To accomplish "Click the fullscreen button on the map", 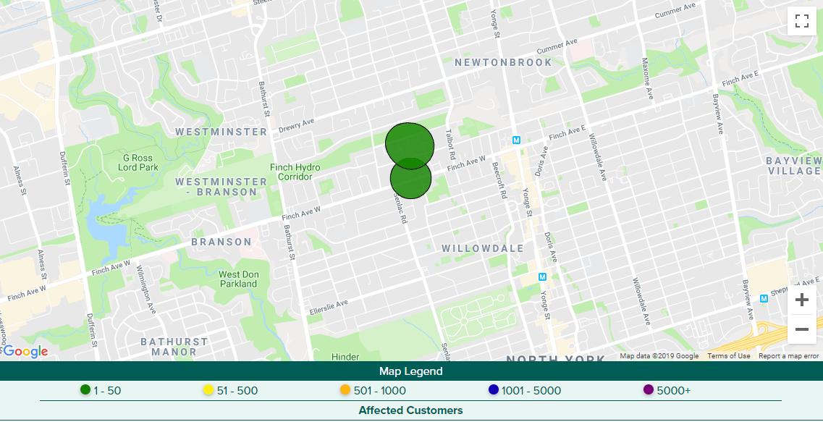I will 801,21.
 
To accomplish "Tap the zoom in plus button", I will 801,300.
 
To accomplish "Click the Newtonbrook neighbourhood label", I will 503,62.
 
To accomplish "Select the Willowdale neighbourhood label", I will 483,248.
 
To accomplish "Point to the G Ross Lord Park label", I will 140,162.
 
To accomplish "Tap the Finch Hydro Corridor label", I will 295,172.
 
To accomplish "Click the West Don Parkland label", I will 238,279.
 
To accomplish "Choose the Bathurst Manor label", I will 174,347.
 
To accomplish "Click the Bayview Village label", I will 794,165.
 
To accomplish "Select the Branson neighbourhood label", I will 221,242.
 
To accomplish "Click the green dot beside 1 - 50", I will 85,390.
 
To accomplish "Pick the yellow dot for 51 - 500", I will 208,390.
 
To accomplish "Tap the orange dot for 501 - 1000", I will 345,390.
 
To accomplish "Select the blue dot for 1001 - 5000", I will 494,390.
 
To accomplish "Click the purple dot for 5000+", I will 649,390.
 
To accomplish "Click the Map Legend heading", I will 411,371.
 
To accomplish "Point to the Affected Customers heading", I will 410,410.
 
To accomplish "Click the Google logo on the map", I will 25,352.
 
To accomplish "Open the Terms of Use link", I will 728,356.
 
